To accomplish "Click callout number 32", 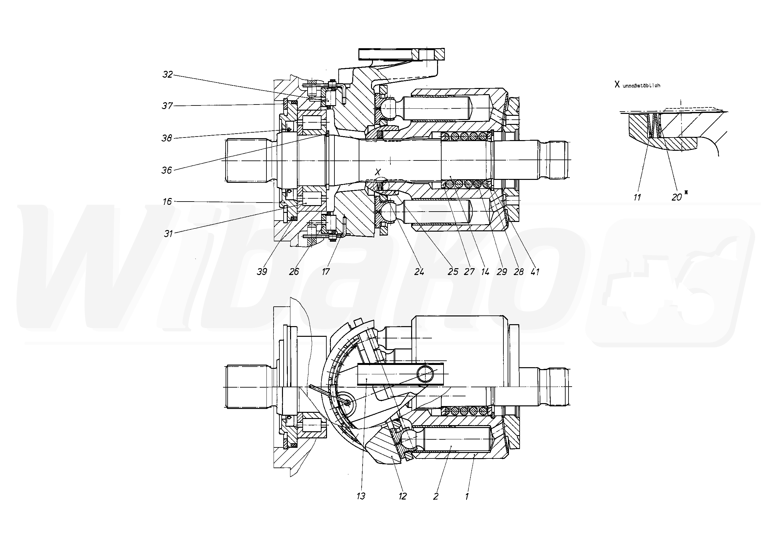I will (x=168, y=74).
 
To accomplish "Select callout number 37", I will (x=167, y=106).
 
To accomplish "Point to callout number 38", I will (x=167, y=138).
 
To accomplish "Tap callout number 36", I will (x=166, y=170).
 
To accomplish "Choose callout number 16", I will (x=167, y=202).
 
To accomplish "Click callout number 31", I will (x=168, y=234).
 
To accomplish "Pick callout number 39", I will (x=262, y=272).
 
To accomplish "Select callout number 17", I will (x=326, y=272).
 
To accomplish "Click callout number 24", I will (x=419, y=272).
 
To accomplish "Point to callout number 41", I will (x=535, y=272).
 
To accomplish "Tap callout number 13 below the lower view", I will (x=361, y=497).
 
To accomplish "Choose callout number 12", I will (x=402, y=497).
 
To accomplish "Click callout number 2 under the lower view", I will (x=436, y=497).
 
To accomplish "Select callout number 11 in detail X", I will (x=637, y=197).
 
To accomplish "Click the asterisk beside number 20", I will (x=686, y=193).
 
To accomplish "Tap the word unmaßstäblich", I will (x=641, y=86).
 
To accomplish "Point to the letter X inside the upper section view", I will (x=378, y=172).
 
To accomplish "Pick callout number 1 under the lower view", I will (x=467, y=497).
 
